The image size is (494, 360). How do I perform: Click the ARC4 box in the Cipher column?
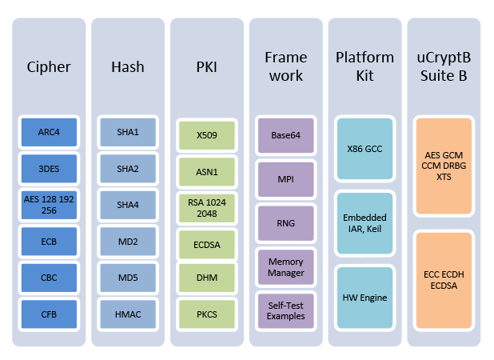click(50, 132)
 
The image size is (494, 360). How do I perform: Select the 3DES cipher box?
click(50, 168)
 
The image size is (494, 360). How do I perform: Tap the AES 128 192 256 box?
click(50, 204)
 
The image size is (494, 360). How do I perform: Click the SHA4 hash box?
click(128, 204)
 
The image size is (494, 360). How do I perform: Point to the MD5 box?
click(128, 277)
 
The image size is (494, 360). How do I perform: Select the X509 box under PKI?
click(206, 135)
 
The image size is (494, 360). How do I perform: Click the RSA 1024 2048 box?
click(206, 206)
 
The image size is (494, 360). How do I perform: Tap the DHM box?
click(206, 278)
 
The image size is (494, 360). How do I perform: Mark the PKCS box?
click(206, 313)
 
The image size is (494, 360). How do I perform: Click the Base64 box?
click(285, 135)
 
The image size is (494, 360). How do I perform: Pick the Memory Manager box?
click(285, 266)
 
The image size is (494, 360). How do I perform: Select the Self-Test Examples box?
click(285, 310)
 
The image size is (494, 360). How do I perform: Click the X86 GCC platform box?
click(364, 148)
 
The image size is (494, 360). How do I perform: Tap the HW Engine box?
click(364, 297)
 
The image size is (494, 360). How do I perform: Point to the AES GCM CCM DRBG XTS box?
click(444, 165)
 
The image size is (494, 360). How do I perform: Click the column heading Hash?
click(128, 67)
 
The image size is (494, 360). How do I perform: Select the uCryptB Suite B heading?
click(444, 67)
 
